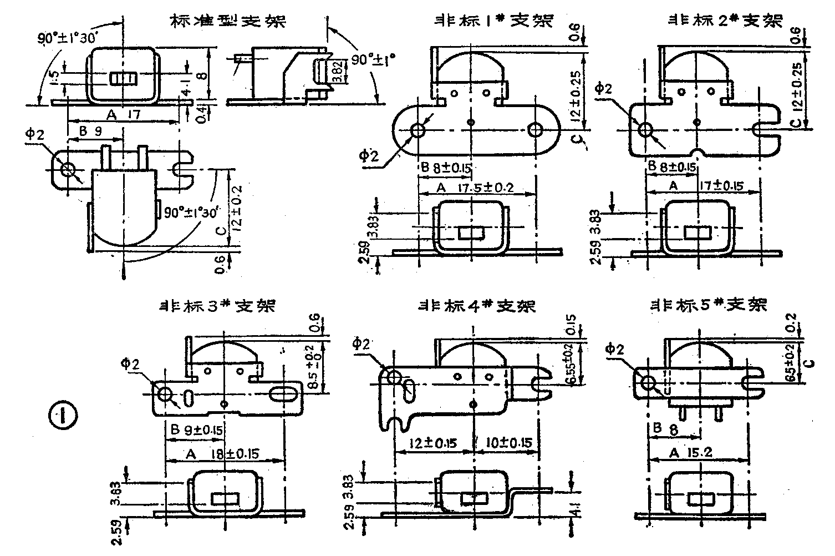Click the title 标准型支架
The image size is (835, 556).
pyautogui.click(x=227, y=22)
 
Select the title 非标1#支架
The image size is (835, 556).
pyautogui.click(x=493, y=21)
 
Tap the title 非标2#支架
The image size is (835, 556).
pyautogui.click(x=726, y=21)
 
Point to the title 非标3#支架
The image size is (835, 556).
pyautogui.click(x=217, y=306)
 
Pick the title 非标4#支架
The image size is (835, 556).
pyautogui.click(x=477, y=306)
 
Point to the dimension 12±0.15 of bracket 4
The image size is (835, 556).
pyautogui.click(x=432, y=443)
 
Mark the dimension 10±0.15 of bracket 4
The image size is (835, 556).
pyautogui.click(x=508, y=443)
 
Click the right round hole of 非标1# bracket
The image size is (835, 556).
pyautogui.click(x=535, y=130)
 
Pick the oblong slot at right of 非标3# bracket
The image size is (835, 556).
pyautogui.click(x=284, y=393)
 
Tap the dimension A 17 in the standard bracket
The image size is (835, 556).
pyautogui.click(x=121, y=115)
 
